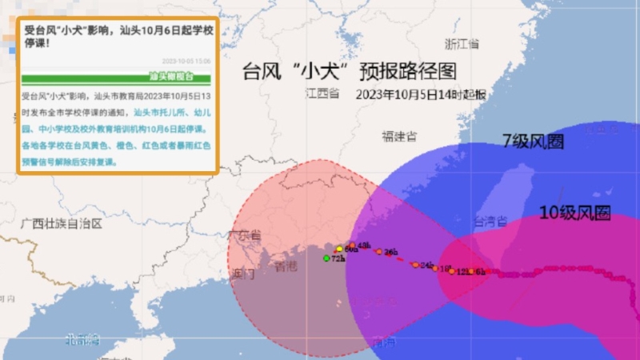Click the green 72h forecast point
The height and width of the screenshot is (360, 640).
click(326, 258)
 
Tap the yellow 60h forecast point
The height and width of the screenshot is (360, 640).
click(339, 250)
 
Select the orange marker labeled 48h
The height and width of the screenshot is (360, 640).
click(352, 246)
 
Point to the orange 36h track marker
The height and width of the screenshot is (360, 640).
click(379, 252)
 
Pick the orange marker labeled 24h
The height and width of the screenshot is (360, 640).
click(415, 264)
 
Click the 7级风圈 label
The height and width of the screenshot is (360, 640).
click(533, 141)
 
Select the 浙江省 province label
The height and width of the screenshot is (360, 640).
click(462, 43)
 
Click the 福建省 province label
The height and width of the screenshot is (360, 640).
click(398, 135)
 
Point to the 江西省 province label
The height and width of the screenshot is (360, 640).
click(322, 93)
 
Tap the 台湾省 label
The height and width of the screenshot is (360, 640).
click(490, 220)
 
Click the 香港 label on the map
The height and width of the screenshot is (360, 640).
click(286, 266)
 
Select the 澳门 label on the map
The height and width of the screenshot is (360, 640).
click(242, 274)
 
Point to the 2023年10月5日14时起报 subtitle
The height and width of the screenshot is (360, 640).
click(421, 94)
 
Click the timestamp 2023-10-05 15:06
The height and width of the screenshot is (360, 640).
click(186, 61)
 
